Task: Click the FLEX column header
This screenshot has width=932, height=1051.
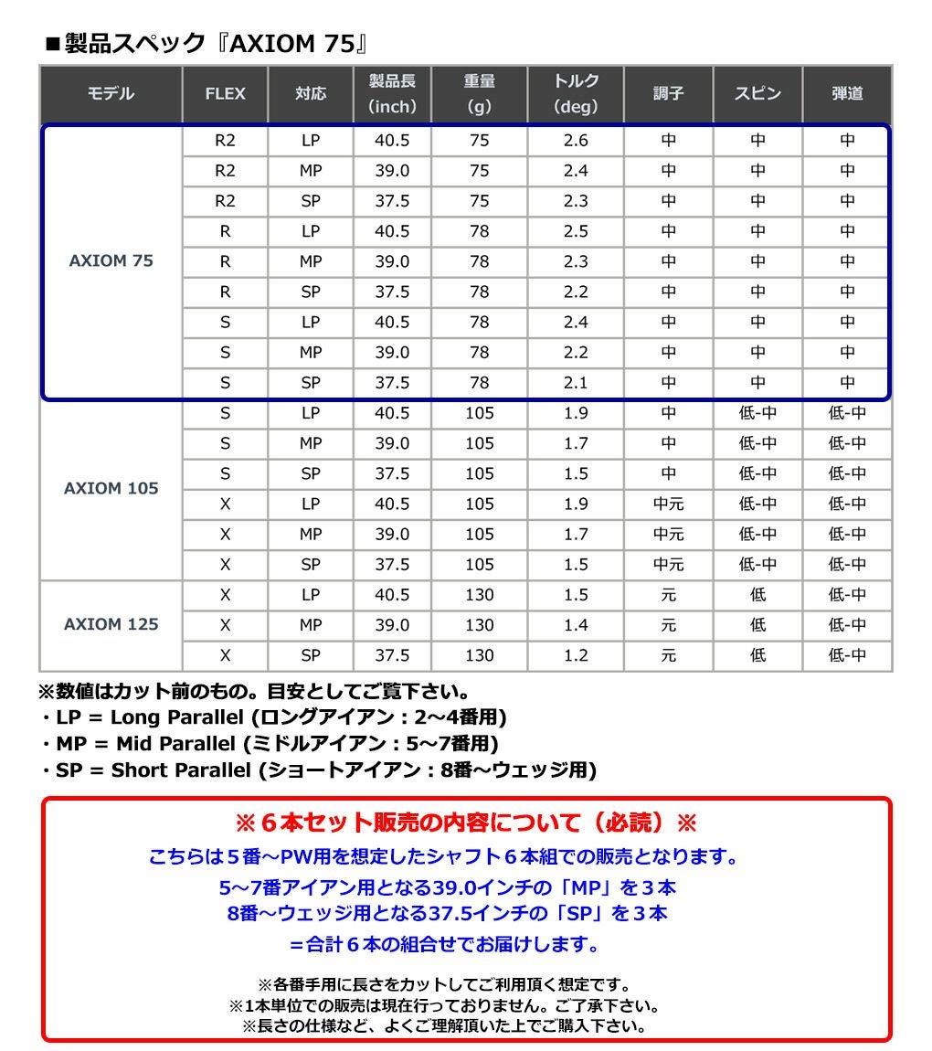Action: (225, 93)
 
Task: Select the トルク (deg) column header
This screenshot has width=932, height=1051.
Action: (576, 93)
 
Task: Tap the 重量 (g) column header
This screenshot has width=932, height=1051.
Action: (479, 93)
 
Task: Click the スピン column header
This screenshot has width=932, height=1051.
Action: (757, 93)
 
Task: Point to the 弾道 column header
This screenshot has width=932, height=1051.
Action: (847, 93)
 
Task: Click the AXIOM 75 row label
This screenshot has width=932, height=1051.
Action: (111, 261)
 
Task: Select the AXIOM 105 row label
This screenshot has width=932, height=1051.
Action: (111, 488)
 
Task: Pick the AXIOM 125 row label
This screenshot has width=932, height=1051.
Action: (111, 624)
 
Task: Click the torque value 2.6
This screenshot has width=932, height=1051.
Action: (576, 141)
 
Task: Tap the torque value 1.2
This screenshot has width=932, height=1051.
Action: (576, 655)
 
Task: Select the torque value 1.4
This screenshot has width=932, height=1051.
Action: (576, 625)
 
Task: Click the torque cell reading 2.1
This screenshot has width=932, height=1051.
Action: (576, 383)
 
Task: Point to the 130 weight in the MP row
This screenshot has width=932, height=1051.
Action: (479, 625)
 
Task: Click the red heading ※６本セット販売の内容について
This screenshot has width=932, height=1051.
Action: (466, 823)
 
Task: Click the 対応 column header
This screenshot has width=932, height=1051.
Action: (311, 93)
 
